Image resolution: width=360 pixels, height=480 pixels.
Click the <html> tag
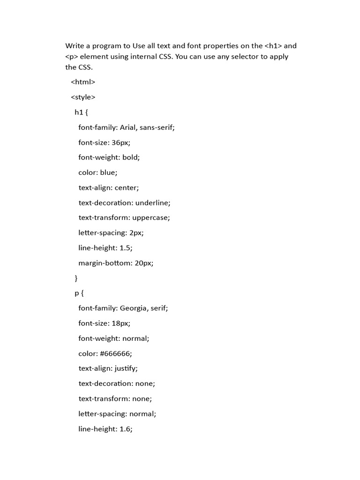pos(83,82)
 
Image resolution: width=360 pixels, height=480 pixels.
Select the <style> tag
pos(83,97)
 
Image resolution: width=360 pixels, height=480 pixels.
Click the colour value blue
pos(109,172)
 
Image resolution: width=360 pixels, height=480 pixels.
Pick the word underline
pos(152,202)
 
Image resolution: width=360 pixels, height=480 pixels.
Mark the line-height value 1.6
pos(126,429)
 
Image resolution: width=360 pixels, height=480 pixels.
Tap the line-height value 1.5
pos(126,248)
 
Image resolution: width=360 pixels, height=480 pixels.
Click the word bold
pos(131,157)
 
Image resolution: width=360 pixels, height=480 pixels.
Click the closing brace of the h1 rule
pos(76,278)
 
